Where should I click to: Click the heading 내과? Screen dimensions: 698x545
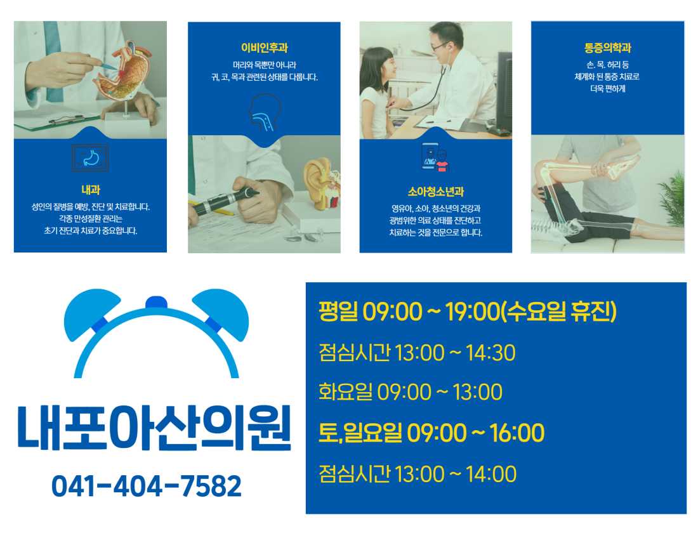click(91, 190)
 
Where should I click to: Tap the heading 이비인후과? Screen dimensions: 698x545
click(265, 48)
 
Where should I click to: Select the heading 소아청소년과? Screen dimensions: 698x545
click(436, 192)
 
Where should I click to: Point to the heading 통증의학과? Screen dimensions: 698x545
click(608, 48)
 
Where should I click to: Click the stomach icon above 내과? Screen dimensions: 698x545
click(90, 157)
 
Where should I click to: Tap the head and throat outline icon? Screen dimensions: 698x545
click(265, 113)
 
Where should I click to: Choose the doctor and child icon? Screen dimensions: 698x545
click(435, 157)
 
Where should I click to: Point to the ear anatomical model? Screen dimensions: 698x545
click(322, 183)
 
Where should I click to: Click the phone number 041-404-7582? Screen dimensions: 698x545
click(147, 486)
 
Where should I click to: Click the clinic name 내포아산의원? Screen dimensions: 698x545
click(154, 427)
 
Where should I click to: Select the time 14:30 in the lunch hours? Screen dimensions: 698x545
click(491, 353)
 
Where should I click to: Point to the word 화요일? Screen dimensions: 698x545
click(345, 392)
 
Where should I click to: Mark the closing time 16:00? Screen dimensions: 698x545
click(517, 433)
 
